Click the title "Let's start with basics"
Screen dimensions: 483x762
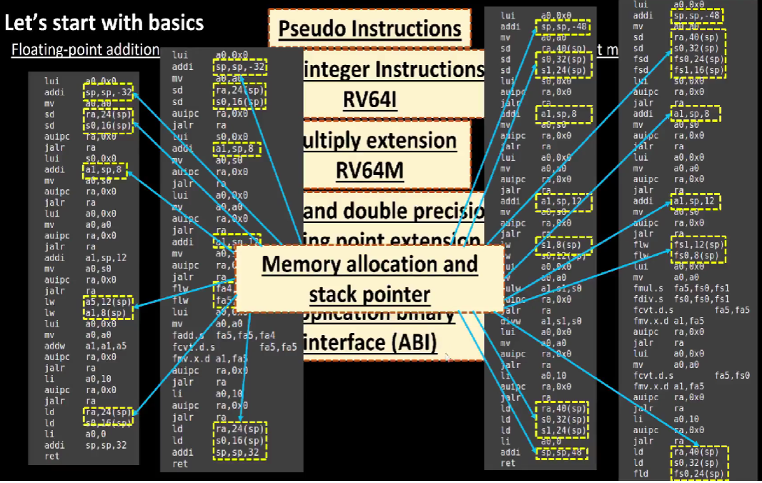tap(104, 23)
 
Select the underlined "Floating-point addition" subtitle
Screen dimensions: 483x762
tap(85, 49)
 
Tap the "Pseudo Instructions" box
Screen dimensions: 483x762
tap(369, 29)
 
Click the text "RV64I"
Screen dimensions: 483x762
tap(369, 100)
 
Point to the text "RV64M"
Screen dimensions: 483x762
tap(369, 170)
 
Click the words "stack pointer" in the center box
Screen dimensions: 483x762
tap(369, 294)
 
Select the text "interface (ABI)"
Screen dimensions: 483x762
tap(369, 343)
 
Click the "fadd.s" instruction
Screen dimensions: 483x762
tap(187, 335)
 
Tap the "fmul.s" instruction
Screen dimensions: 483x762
tap(648, 287)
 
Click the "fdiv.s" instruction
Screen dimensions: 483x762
tap(648, 299)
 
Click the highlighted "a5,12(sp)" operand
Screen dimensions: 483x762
tap(108, 302)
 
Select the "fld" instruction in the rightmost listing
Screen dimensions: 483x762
tap(640, 474)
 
